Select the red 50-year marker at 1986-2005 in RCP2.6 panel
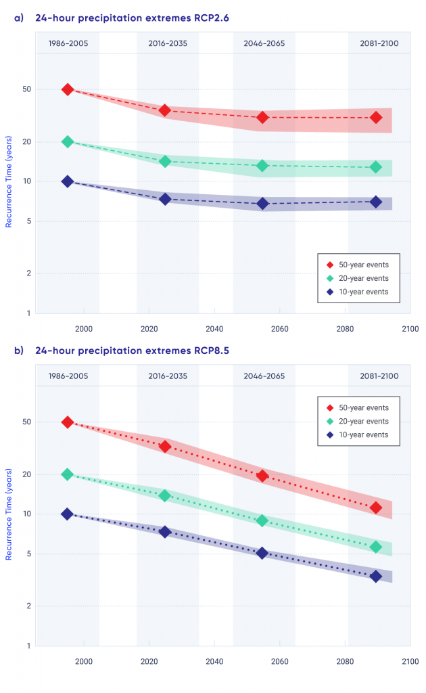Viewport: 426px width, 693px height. pyautogui.click(x=68, y=89)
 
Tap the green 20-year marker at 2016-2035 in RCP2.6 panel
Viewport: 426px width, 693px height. pyautogui.click(x=165, y=161)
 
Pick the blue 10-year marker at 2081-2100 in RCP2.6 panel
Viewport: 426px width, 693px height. pyautogui.click(x=376, y=202)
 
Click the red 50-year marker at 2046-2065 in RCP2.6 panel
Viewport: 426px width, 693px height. pyautogui.click(x=262, y=117)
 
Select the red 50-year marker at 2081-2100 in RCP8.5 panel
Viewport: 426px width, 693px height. pyautogui.click(x=376, y=508)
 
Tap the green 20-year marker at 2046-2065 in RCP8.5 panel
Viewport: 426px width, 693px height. pyautogui.click(x=262, y=520)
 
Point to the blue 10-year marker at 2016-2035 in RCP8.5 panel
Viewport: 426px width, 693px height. pyautogui.click(x=165, y=532)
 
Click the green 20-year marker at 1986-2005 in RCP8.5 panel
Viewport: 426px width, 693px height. pyautogui.click(x=68, y=474)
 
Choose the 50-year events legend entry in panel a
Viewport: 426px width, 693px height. pyautogui.click(x=362, y=265)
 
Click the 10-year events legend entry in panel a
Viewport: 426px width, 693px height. pyautogui.click(x=362, y=292)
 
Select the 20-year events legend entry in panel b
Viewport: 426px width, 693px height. pyautogui.click(x=362, y=421)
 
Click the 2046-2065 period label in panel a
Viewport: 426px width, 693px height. pyautogui.click(x=264, y=44)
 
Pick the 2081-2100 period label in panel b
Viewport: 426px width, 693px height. pyautogui.click(x=379, y=376)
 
